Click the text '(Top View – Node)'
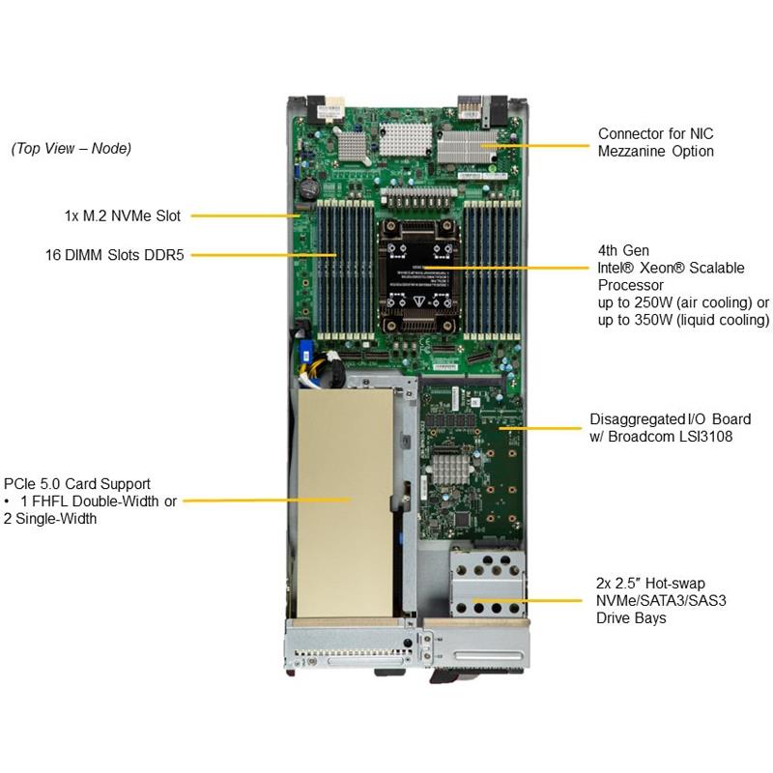(x=71, y=149)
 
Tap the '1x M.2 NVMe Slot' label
(x=122, y=216)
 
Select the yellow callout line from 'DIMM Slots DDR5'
(x=261, y=255)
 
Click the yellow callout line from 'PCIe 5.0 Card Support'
(x=266, y=501)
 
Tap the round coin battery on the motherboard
(x=309, y=186)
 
